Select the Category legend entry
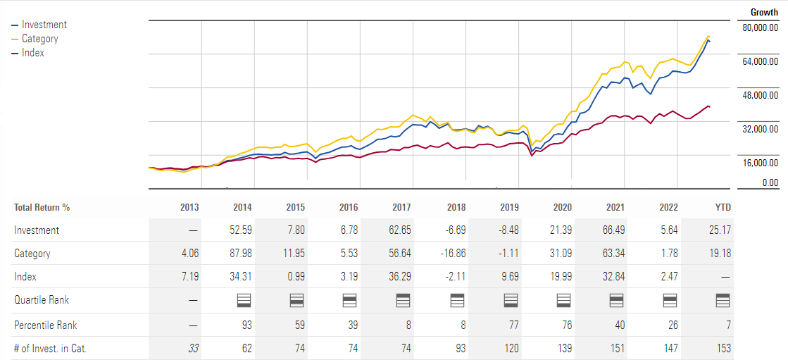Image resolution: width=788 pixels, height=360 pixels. click(x=39, y=39)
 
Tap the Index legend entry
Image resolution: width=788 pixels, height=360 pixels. click(x=32, y=53)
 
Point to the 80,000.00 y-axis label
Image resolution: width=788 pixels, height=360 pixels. click(x=760, y=27)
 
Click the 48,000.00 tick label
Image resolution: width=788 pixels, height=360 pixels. click(x=760, y=95)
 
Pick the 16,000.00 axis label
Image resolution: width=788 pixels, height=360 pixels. click(x=760, y=163)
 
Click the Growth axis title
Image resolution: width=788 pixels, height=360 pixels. click(x=764, y=13)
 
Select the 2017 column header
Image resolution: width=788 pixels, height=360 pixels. click(x=401, y=207)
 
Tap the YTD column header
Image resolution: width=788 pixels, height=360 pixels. click(x=723, y=207)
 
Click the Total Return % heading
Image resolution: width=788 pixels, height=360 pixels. click(x=42, y=207)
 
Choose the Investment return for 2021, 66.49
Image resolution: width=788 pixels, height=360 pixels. click(x=613, y=230)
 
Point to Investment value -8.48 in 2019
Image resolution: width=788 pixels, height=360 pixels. click(x=508, y=230)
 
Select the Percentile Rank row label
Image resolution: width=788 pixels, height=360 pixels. click(x=46, y=325)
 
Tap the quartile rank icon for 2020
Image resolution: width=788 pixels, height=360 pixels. click(x=563, y=301)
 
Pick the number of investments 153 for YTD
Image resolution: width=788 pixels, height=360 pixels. click(x=723, y=348)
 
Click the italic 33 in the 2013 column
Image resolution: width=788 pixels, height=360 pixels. click(x=192, y=348)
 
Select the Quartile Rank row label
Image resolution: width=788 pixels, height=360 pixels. click(x=42, y=300)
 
